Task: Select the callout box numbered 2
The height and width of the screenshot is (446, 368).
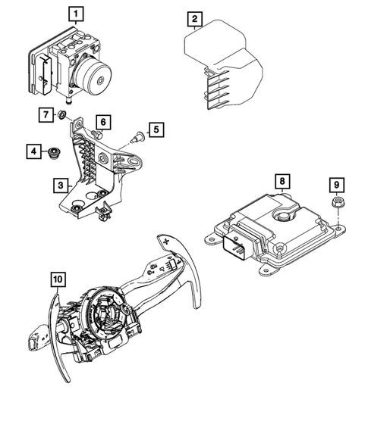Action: coord(195,18)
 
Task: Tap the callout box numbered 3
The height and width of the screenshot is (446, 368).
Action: coord(59,184)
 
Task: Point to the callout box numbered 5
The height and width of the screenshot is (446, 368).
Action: coord(155,130)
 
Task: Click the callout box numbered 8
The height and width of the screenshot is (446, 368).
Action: coord(281,182)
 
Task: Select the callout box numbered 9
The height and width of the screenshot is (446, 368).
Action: coord(335,183)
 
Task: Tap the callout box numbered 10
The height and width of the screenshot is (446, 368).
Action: coord(58,280)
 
